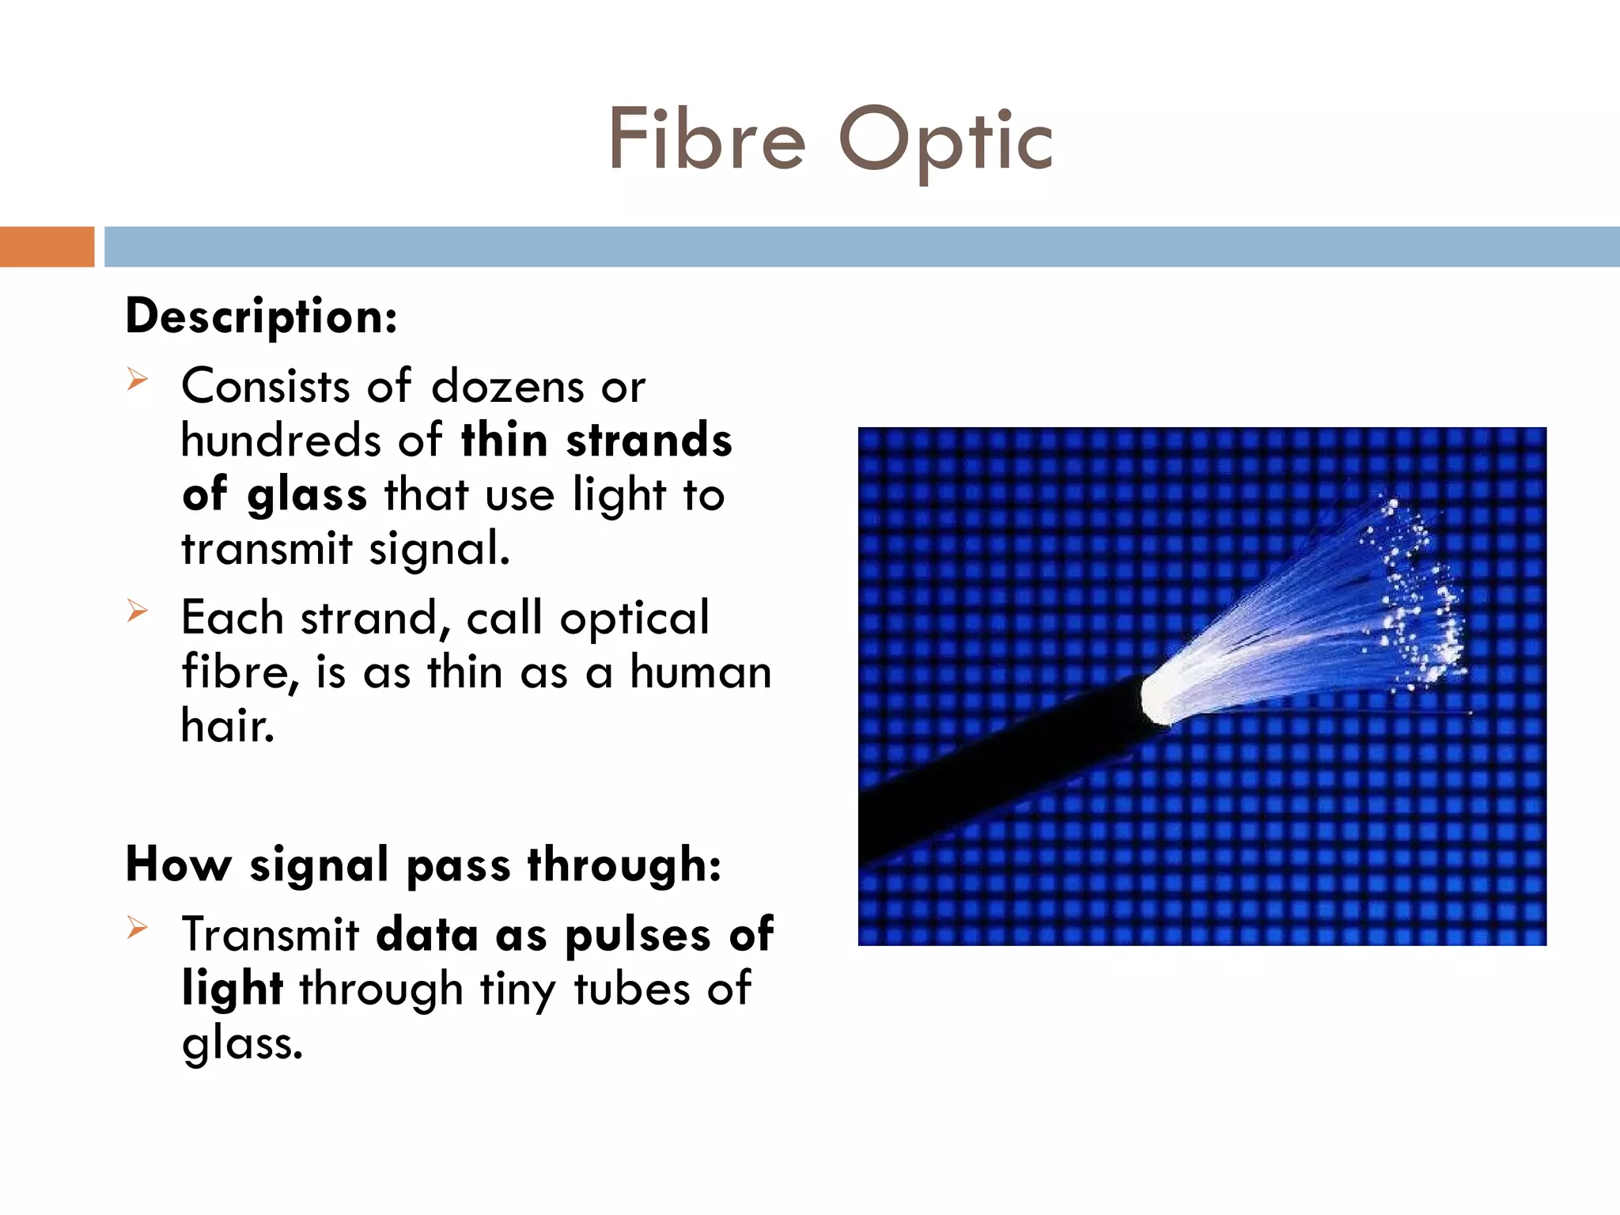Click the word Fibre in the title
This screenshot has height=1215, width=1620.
706,140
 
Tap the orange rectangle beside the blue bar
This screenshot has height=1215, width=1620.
47,247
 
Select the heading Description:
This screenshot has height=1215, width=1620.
261,317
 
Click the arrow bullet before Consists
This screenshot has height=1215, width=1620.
137,380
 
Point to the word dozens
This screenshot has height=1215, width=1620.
507,387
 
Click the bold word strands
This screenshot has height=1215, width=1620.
649,441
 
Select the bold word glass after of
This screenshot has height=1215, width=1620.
307,497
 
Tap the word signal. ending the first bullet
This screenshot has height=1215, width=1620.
439,548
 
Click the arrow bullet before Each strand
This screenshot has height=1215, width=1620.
137,611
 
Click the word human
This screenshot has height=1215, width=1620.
700,672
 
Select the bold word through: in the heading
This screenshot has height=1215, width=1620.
624,864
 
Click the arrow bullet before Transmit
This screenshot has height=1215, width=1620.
137,927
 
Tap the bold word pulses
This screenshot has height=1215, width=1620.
638,936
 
